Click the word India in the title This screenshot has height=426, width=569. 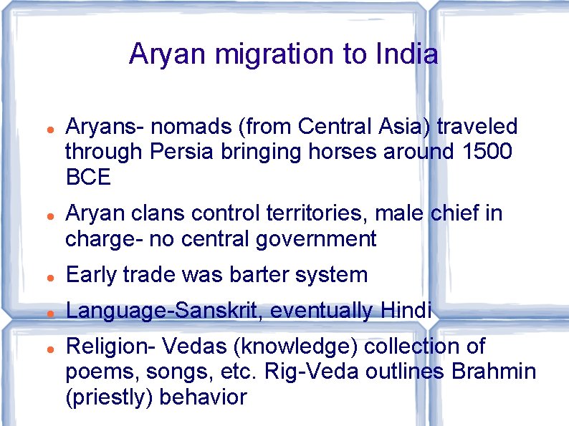[x=406, y=54]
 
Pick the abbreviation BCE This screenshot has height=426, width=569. [x=88, y=177]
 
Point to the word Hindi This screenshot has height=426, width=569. [x=406, y=311]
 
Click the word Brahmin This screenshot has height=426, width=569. [x=493, y=372]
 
